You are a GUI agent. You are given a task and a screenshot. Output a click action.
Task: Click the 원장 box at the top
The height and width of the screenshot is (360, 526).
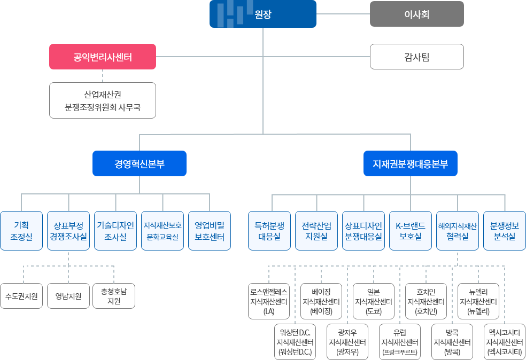(262, 14)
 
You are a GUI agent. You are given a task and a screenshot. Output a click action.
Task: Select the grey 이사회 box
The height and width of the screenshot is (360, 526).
(416, 14)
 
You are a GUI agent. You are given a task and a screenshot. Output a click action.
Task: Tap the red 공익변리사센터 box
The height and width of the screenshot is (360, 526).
(103, 57)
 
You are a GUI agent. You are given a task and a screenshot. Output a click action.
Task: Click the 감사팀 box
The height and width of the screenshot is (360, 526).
(416, 57)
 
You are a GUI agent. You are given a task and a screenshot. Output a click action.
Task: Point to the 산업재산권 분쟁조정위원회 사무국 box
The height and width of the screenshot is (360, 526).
(103, 100)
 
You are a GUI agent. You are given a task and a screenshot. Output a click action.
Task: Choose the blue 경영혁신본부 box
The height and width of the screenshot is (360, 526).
(139, 163)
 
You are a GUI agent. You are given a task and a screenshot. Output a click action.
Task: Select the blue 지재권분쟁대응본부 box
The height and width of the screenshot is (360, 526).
(410, 163)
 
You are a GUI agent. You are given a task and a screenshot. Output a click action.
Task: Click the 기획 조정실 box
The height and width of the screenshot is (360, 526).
(21, 231)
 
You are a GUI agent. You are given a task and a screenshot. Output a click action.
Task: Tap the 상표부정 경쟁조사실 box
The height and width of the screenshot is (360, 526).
(68, 231)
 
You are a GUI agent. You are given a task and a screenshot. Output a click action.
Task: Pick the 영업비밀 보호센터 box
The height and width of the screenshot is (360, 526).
(210, 231)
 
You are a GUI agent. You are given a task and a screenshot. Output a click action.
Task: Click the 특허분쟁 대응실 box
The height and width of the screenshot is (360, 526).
(269, 231)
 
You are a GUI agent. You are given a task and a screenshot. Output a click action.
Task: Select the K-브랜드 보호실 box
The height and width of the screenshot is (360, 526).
(410, 231)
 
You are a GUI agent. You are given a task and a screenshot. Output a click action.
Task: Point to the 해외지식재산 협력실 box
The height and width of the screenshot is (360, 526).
(458, 231)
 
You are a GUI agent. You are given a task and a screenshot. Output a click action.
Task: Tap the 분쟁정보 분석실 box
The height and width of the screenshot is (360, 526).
(505, 231)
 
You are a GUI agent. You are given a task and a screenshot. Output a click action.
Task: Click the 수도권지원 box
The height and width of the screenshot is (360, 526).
(21, 296)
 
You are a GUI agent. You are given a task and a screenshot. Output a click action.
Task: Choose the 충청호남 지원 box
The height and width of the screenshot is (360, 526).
(114, 296)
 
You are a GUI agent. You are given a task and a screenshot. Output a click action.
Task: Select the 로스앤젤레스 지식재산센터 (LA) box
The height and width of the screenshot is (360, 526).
(269, 301)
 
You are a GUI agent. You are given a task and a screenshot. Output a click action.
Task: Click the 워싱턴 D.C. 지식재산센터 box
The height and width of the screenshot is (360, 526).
(295, 342)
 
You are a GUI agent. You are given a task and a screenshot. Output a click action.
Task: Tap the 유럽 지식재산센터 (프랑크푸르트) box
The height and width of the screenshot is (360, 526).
(400, 342)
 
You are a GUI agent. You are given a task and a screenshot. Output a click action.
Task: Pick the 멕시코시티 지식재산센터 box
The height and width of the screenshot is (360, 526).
(505, 342)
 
